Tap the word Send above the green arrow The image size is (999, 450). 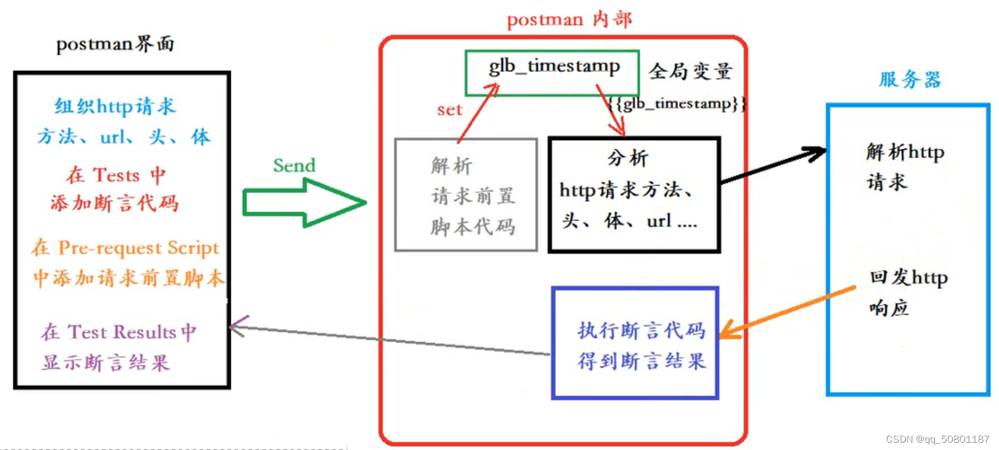(x=294, y=165)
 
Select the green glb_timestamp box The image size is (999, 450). (x=552, y=73)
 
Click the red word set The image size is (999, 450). (x=450, y=110)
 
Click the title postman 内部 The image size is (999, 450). (x=569, y=20)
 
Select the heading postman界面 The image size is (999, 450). (x=115, y=44)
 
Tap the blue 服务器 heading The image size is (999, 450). (x=910, y=79)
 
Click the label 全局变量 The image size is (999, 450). (x=690, y=71)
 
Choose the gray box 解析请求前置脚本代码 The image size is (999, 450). (x=466, y=195)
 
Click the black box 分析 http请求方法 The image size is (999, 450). (x=634, y=195)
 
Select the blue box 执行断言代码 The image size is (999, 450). (x=635, y=343)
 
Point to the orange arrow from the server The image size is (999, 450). (x=788, y=312)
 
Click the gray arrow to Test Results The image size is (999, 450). (x=391, y=340)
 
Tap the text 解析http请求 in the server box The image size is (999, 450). (x=904, y=166)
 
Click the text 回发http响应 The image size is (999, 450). (x=908, y=292)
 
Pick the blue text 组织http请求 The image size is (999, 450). (x=115, y=107)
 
